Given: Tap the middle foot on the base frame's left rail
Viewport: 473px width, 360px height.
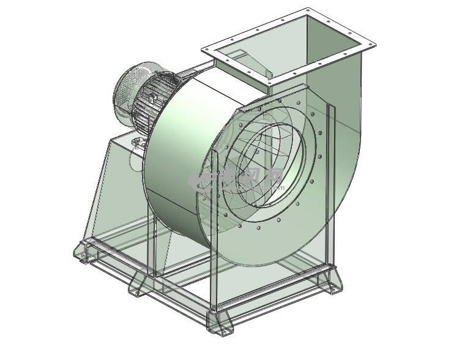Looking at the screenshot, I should pos(137,285).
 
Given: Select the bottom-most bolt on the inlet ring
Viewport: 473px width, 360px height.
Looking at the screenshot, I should pos(258,228).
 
